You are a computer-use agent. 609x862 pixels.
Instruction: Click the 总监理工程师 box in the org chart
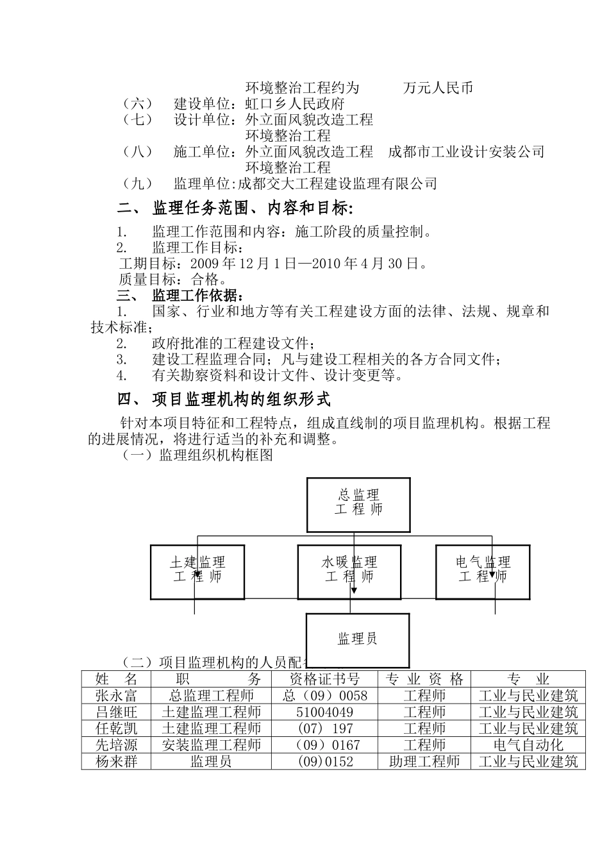click(x=358, y=504)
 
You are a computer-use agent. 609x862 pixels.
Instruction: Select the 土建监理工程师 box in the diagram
click(x=197, y=571)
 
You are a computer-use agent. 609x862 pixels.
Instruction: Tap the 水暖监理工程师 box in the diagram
click(x=349, y=571)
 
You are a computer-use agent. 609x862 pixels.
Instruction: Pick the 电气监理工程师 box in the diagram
click(x=483, y=571)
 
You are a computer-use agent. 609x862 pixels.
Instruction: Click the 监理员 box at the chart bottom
click(x=357, y=639)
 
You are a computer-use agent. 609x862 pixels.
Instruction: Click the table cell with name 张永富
click(x=116, y=696)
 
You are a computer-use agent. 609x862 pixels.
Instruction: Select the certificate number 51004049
click(x=324, y=712)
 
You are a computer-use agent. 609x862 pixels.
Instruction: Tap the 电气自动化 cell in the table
click(x=528, y=745)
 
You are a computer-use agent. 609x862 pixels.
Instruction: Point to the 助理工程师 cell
click(x=424, y=761)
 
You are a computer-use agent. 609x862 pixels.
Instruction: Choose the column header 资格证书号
click(x=324, y=679)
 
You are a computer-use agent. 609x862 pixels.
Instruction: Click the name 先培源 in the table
click(x=116, y=745)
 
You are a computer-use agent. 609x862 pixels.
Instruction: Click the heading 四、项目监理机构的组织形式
click(x=224, y=400)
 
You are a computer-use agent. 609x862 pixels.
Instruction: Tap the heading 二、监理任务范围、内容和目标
click(x=235, y=208)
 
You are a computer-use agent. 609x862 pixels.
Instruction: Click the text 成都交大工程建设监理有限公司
click(x=337, y=184)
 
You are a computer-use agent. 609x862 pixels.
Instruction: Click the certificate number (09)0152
click(x=324, y=761)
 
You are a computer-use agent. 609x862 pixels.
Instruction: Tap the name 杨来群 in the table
click(x=116, y=761)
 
